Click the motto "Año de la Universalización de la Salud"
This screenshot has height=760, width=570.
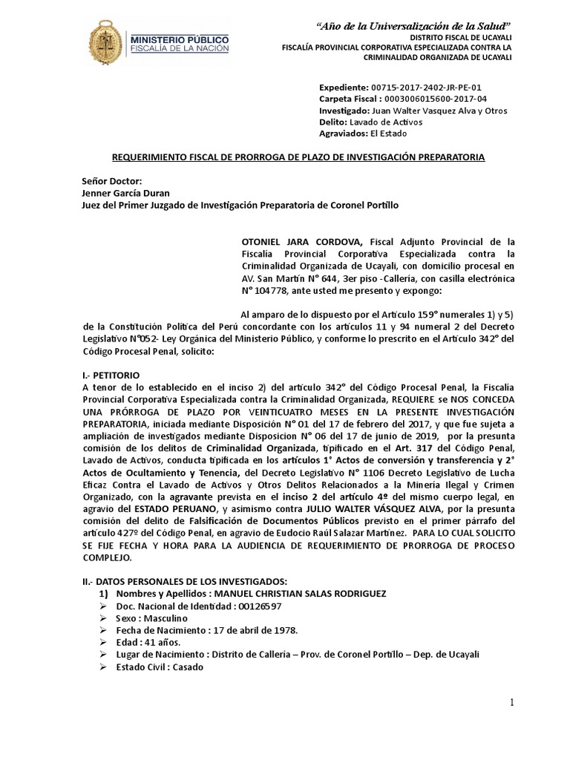coord(414,27)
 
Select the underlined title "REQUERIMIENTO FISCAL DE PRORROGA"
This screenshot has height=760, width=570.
coord(299,157)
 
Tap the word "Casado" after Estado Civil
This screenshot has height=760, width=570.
coord(182,666)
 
